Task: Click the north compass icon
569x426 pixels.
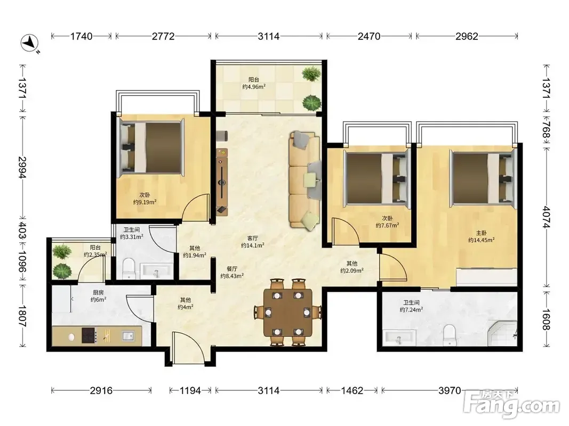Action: (x=30, y=43)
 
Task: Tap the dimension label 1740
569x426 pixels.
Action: (x=81, y=36)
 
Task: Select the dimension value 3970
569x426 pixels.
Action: (x=450, y=390)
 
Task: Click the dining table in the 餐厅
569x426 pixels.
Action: (x=288, y=312)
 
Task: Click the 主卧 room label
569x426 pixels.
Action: (x=481, y=233)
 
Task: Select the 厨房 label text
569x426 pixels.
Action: (x=98, y=292)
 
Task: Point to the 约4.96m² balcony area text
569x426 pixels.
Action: (x=254, y=87)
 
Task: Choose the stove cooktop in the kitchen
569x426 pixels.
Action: (x=89, y=335)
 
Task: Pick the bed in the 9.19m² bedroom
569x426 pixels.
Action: (x=150, y=148)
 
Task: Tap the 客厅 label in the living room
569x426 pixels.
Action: (x=253, y=239)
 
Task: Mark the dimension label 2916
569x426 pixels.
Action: (x=101, y=390)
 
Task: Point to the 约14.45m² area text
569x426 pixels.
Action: (x=481, y=240)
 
